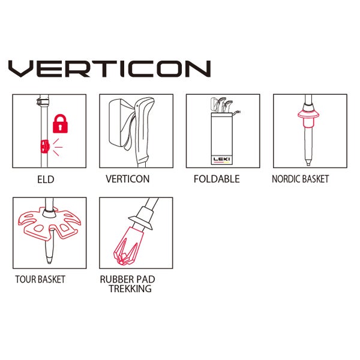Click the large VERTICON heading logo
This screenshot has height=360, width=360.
(x=110, y=68)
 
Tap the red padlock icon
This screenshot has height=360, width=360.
(x=60, y=124)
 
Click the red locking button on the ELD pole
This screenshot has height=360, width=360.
(x=45, y=146)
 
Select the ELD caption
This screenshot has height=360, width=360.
(x=46, y=179)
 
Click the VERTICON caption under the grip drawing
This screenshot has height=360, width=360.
(x=127, y=179)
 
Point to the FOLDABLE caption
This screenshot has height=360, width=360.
(x=217, y=179)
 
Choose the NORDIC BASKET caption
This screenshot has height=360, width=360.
(x=301, y=179)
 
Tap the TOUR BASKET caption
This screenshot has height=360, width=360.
(x=40, y=279)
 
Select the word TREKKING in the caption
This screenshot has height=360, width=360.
(x=130, y=289)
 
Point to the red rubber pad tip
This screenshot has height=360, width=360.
(x=128, y=245)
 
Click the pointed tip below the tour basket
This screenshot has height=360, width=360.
(x=49, y=260)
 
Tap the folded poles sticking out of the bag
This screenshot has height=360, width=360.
(x=224, y=105)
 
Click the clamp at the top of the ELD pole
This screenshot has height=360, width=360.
(x=43, y=101)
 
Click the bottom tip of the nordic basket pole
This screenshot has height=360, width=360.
(x=308, y=163)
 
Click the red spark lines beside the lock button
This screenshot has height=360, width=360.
(x=57, y=147)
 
